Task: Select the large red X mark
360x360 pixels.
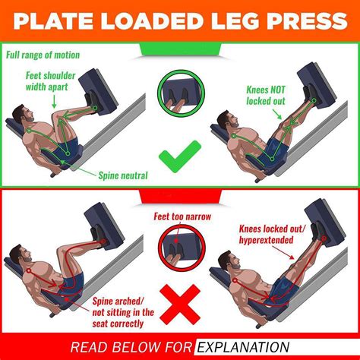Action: click(x=180, y=303)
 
